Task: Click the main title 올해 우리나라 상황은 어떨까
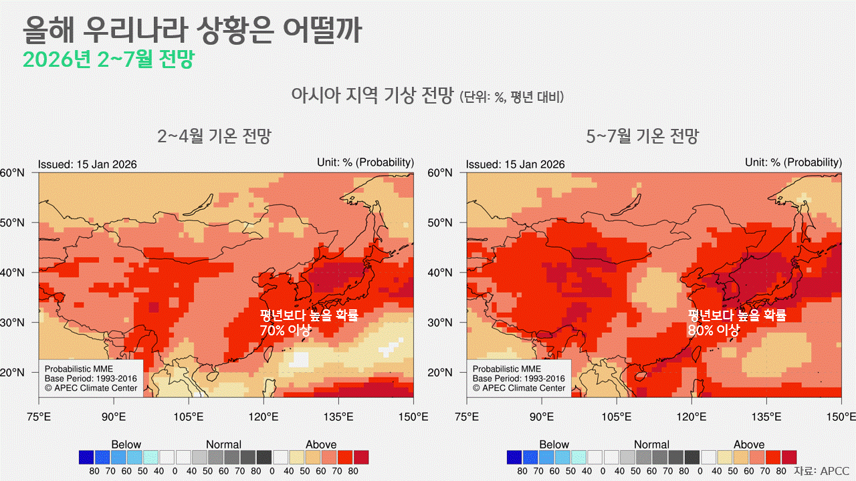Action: (x=192, y=30)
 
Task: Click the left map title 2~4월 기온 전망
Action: (x=214, y=137)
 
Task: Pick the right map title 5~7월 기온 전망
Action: (x=642, y=137)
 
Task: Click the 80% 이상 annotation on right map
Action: (x=713, y=330)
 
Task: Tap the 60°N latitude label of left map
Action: (x=13, y=173)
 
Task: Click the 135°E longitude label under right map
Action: (x=766, y=417)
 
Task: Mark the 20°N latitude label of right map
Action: (x=441, y=372)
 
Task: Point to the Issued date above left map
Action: (x=87, y=164)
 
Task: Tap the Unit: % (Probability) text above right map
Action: (x=793, y=162)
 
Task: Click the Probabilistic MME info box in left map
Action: (x=91, y=378)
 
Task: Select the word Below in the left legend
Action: (x=126, y=444)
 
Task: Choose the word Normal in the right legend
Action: (x=651, y=444)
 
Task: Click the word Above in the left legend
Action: (x=321, y=444)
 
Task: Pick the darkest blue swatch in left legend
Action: (x=86, y=458)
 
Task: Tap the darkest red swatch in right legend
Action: (x=789, y=458)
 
